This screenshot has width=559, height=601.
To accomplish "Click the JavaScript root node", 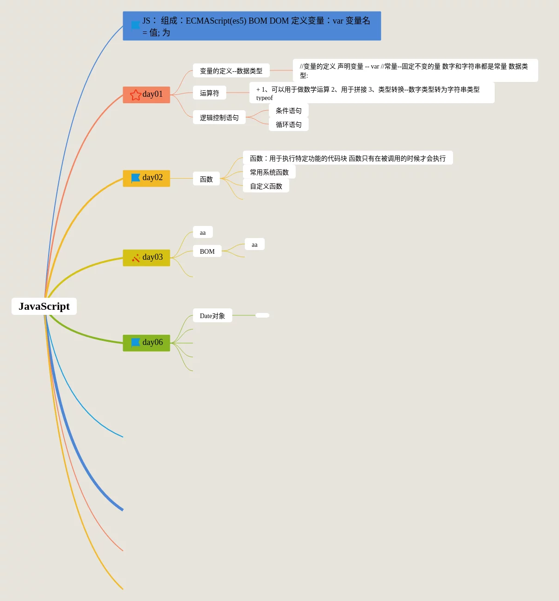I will tap(44, 306).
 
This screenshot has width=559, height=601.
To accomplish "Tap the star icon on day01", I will tap(136, 95).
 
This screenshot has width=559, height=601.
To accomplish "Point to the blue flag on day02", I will tap(136, 178).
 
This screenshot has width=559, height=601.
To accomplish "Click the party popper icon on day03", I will tap(136, 258).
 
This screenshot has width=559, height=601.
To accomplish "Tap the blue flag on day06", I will tap(136, 343).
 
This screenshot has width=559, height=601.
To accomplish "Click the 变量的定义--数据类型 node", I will tap(231, 70).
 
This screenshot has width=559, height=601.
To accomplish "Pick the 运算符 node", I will tap(209, 93).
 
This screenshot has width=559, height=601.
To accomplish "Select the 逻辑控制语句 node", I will tap(219, 117).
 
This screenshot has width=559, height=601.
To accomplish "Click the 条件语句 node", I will tap(288, 110).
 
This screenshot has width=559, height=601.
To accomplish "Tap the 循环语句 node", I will tap(288, 124).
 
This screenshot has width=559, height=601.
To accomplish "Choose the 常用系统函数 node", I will tap(269, 172).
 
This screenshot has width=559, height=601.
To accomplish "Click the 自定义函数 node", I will tap(266, 186).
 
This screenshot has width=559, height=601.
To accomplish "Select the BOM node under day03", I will tap(207, 251).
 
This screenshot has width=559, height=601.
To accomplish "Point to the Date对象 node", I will tap(212, 315).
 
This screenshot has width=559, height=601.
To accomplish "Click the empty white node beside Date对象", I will tap(262, 315).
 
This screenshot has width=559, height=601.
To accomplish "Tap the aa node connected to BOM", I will tap(254, 244).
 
